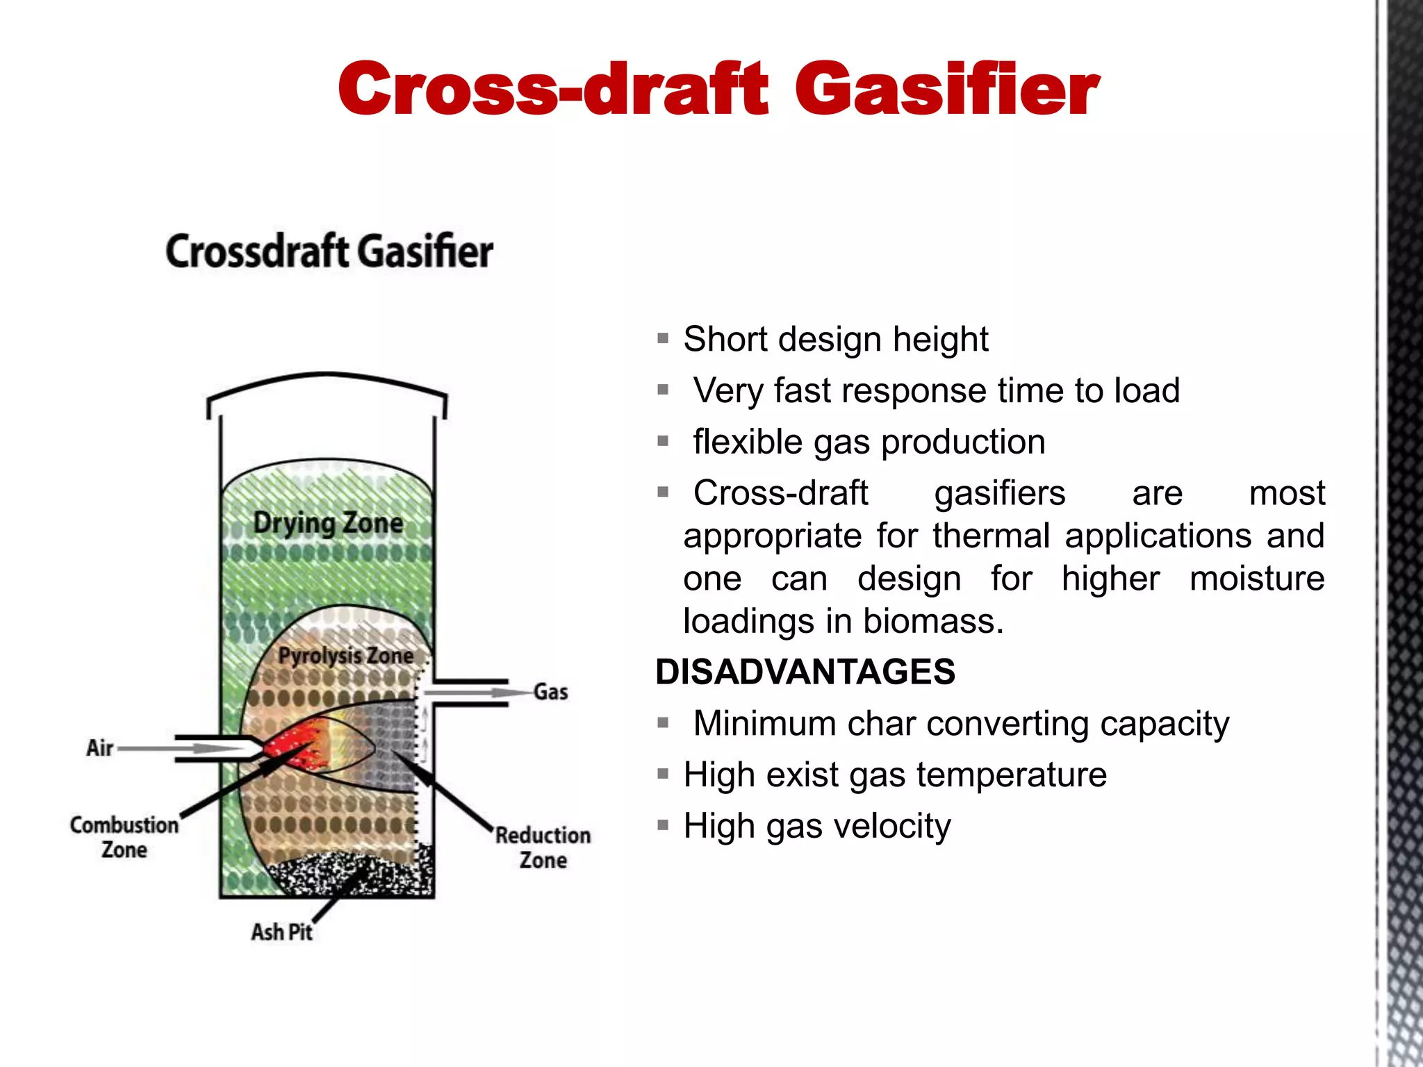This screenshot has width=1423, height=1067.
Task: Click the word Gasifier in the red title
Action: coord(946,89)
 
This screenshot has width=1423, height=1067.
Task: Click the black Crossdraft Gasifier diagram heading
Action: coord(329,251)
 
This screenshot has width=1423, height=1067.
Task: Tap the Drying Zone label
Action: coord(328,522)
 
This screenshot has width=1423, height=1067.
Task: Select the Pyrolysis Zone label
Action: coord(345,655)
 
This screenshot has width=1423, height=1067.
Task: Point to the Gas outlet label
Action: coord(550,692)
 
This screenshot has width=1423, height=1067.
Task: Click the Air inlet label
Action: coord(99,748)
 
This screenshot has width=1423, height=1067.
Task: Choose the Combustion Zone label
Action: coord(124,837)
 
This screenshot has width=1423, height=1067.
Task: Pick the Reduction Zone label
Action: coord(543,847)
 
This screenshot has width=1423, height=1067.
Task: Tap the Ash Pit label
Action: coord(281,932)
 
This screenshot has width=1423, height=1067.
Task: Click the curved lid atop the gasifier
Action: coord(327,386)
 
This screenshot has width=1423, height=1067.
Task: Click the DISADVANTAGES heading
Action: coord(805,672)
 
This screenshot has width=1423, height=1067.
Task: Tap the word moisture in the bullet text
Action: coord(1257,578)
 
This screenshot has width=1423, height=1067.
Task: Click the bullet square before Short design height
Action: coord(663,339)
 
